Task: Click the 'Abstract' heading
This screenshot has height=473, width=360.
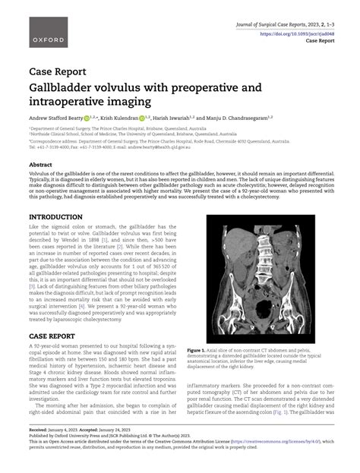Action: point(40,165)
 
